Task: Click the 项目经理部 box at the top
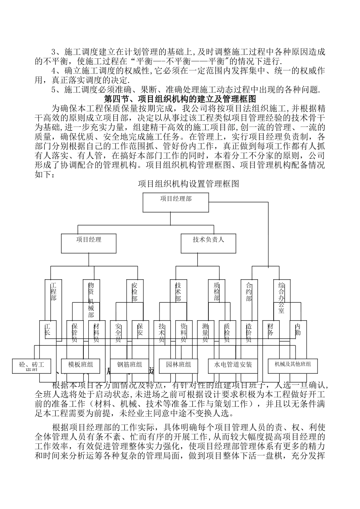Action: click(175, 202)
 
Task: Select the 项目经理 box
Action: click(88, 243)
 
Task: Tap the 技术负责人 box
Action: click(208, 243)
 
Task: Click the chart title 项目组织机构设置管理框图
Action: click(188, 184)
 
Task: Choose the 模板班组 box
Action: click(81, 365)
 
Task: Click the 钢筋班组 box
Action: click(130, 365)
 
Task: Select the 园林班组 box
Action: click(178, 365)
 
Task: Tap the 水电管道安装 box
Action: click(233, 365)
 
